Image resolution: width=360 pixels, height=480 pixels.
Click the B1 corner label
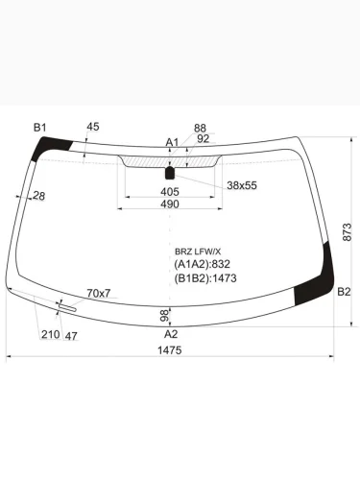(40, 127)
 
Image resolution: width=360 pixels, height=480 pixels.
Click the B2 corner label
(343, 292)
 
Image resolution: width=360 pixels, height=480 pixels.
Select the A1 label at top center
(172, 142)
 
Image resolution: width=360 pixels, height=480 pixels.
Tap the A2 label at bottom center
(171, 334)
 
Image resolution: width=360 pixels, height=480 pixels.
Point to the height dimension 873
(348, 230)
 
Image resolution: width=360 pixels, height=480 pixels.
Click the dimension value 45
(92, 127)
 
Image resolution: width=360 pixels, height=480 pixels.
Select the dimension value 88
(200, 128)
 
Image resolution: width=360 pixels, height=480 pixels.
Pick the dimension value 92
(203, 138)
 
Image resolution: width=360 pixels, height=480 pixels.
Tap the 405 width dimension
(169, 192)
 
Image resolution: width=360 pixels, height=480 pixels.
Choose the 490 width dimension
(169, 204)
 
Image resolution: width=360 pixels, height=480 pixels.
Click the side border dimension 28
(38, 197)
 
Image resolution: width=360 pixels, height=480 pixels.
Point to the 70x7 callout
(99, 292)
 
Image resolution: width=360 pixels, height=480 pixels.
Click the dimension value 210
(49, 335)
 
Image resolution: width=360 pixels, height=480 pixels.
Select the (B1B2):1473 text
(204, 278)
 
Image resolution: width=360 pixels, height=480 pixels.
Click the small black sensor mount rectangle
(171, 173)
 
